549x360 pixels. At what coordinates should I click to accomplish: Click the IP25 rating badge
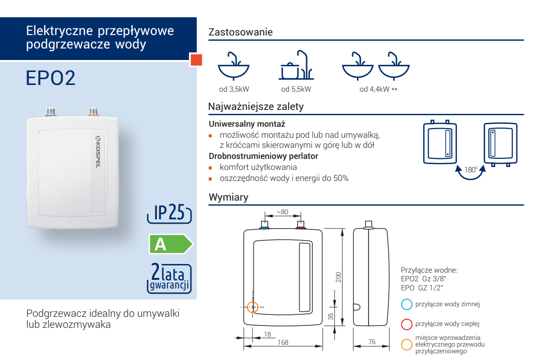pyautogui.click(x=169, y=213)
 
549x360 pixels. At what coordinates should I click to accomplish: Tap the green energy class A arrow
pyautogui.click(x=171, y=244)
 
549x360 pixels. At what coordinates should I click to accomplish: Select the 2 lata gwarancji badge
pyautogui.click(x=169, y=278)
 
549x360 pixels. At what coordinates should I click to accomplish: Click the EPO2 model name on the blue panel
pyautogui.click(x=50, y=78)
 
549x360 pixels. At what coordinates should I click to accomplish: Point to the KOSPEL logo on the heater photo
pyautogui.click(x=98, y=152)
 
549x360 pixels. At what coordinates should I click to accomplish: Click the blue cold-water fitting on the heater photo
pyautogui.click(x=51, y=112)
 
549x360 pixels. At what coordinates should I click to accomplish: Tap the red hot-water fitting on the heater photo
pyautogui.click(x=94, y=112)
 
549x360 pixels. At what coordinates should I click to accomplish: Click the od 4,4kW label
pyautogui.click(x=374, y=89)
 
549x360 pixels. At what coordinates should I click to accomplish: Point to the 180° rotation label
pyautogui.click(x=471, y=170)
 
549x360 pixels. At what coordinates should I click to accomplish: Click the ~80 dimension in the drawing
pyautogui.click(x=282, y=212)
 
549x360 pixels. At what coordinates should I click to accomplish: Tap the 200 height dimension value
pyautogui.click(x=338, y=277)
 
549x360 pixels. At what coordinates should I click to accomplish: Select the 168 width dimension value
pyautogui.click(x=283, y=342)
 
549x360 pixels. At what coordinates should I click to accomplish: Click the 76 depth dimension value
pyautogui.click(x=372, y=342)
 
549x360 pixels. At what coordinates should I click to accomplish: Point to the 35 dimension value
pyautogui.click(x=331, y=317)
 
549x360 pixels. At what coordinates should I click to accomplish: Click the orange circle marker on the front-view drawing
pyautogui.click(x=253, y=307)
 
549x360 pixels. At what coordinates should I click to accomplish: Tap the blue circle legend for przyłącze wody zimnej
pyautogui.click(x=406, y=304)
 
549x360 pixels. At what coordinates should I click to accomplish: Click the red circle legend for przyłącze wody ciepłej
pyautogui.click(x=406, y=324)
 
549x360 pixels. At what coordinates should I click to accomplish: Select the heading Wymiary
pyautogui.click(x=228, y=197)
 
